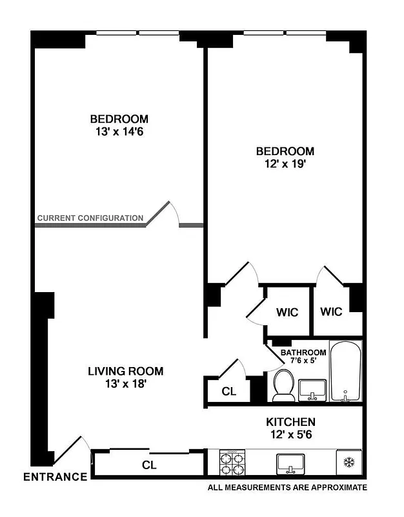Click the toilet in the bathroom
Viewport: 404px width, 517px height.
[x=283, y=385]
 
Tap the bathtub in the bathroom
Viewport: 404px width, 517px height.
[x=346, y=372]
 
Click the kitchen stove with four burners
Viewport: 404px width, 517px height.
[x=232, y=463]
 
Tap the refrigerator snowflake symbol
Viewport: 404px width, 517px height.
[x=348, y=463]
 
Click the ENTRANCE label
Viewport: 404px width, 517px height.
[x=55, y=478]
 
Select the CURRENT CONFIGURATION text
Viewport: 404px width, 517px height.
[x=90, y=218]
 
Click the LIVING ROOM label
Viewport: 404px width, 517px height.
[x=126, y=372]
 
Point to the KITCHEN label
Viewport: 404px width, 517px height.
[x=291, y=422]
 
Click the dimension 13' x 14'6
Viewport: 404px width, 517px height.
[x=119, y=132]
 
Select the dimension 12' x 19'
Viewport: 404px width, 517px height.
[x=285, y=164]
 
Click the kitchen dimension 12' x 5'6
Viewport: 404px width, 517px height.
[x=291, y=435]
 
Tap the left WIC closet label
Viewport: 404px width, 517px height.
[x=287, y=312]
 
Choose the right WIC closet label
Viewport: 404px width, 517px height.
[x=331, y=311]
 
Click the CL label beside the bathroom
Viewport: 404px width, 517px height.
[x=228, y=392]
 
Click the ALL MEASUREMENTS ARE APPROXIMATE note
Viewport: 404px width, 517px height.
[x=287, y=488]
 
